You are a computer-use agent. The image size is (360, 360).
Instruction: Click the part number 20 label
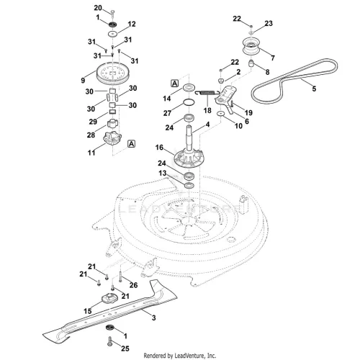pos(98,8)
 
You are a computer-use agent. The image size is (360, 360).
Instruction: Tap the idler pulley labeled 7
pos(251,47)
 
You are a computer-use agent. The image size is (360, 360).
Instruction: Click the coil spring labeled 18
pos(207,93)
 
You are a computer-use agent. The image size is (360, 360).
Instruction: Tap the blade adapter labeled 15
pos(109,299)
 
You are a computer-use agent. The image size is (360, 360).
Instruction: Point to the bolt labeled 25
pos(110,341)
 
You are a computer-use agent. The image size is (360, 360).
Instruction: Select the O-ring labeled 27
pos(189,103)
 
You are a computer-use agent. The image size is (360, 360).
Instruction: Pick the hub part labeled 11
pos(112,139)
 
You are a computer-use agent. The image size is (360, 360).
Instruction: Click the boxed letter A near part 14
pos(174,84)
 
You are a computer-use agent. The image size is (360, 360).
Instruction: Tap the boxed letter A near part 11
pos(131,144)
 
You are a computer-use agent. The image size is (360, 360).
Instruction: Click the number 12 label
pos(132,24)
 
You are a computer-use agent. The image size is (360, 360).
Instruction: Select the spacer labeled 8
pos(251,64)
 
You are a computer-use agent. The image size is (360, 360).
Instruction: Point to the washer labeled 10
pos(220,114)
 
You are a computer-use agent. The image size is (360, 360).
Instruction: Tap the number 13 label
pos(162,173)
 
